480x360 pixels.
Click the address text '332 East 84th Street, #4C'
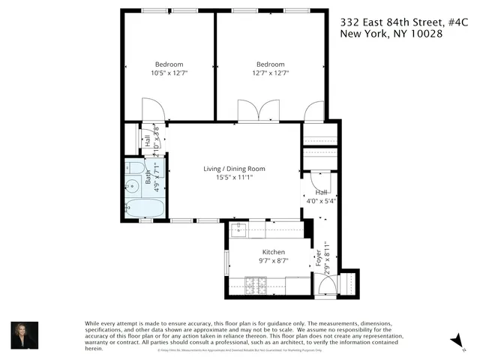coord(402,21)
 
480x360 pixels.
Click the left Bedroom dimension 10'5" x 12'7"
coord(169,73)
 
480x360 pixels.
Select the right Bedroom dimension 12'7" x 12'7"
coord(270,73)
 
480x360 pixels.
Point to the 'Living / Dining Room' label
coord(234,169)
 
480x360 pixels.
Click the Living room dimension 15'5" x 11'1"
coord(234,178)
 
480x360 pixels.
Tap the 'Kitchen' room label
coord(273,252)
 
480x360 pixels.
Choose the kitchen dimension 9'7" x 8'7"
coord(273,261)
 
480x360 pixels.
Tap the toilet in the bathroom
coord(135,168)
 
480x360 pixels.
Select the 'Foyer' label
coord(319,259)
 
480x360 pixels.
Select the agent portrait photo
coord(24,335)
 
